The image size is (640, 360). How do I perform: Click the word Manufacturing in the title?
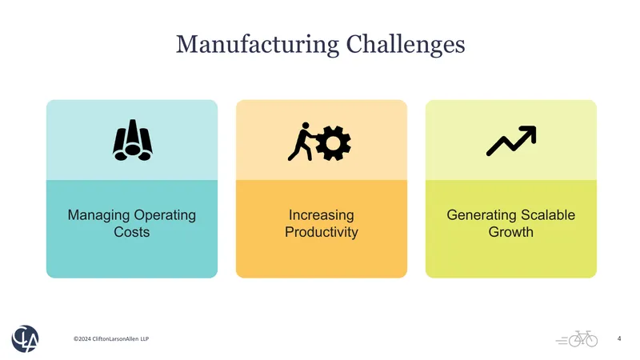pyautogui.click(x=257, y=45)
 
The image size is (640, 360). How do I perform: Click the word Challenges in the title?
pyautogui.click(x=406, y=45)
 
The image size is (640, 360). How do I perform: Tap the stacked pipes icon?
pyautogui.click(x=133, y=140)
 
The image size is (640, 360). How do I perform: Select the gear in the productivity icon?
pyautogui.click(x=333, y=143)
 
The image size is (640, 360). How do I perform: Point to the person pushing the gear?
pyautogui.click(x=302, y=142)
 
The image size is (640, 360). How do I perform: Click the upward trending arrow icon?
pyautogui.click(x=511, y=141)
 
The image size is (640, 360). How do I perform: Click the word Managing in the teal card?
pyautogui.click(x=98, y=215)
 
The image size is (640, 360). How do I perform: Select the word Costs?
pyautogui.click(x=132, y=232)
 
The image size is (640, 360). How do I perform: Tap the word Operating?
pyautogui.click(x=165, y=215)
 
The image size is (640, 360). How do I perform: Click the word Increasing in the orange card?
pyautogui.click(x=322, y=215)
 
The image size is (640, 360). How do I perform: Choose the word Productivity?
pyautogui.click(x=322, y=232)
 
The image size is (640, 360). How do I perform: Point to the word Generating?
pyautogui.click(x=476, y=215)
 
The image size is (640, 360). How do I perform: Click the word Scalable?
pyautogui.click(x=542, y=214)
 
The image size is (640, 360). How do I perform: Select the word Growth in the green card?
pyautogui.click(x=511, y=232)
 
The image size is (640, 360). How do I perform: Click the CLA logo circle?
pyautogui.click(x=25, y=338)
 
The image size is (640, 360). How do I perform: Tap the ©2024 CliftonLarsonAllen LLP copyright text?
pyautogui.click(x=111, y=338)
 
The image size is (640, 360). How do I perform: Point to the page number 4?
pyautogui.click(x=619, y=338)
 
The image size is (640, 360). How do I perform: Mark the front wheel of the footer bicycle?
pyautogui.click(x=590, y=341)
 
